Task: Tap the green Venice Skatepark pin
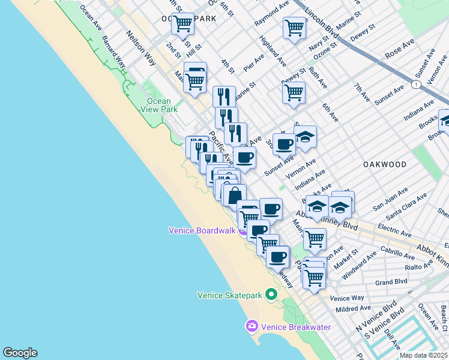pyautogui.click(x=271, y=295)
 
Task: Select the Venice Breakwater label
pyautogui.click(x=288, y=326)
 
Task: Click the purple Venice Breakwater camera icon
pyautogui.click(x=252, y=326)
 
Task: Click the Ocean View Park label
pyautogui.click(x=159, y=105)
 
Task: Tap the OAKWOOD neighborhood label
pyautogui.click(x=384, y=164)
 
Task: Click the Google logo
pyautogui.click(x=20, y=353)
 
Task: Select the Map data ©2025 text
pyautogui.click(x=424, y=355)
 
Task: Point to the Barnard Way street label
pyautogui.click(x=113, y=55)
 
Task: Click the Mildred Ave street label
pyautogui.click(x=354, y=308)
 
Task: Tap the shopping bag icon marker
pyautogui.click(x=235, y=195)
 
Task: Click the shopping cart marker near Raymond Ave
pyautogui.click(x=294, y=28)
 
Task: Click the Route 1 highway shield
pyautogui.click(x=415, y=85)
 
